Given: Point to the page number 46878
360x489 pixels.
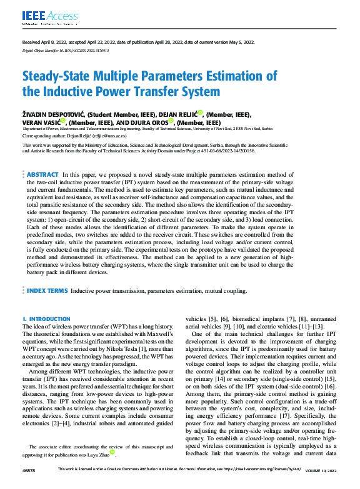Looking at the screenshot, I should tap(29, 484).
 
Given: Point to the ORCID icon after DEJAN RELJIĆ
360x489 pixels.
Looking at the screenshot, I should tap(200, 113).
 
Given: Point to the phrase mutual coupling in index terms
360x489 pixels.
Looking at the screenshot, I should tap(225, 291).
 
